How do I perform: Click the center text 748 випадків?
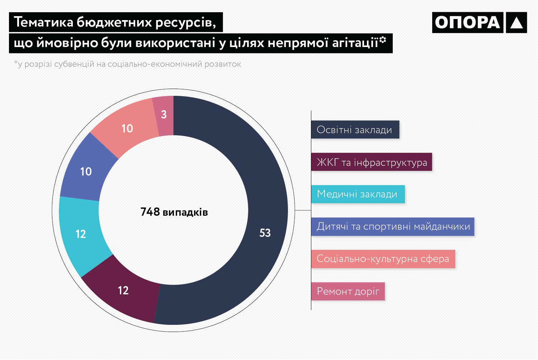[x=174, y=212]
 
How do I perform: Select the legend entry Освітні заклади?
[x=355, y=130]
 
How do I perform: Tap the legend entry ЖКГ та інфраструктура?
[x=372, y=162]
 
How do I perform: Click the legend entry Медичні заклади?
[x=358, y=194]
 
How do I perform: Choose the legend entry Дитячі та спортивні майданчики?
[x=393, y=226]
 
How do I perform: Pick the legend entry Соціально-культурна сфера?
[x=383, y=259]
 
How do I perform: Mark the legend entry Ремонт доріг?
[x=348, y=291]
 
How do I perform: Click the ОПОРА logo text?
[x=468, y=23]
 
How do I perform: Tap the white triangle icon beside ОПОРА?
[x=516, y=23]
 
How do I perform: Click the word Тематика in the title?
[x=43, y=22]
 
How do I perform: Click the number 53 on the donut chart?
[x=265, y=233]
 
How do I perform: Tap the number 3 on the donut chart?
[x=164, y=115]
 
